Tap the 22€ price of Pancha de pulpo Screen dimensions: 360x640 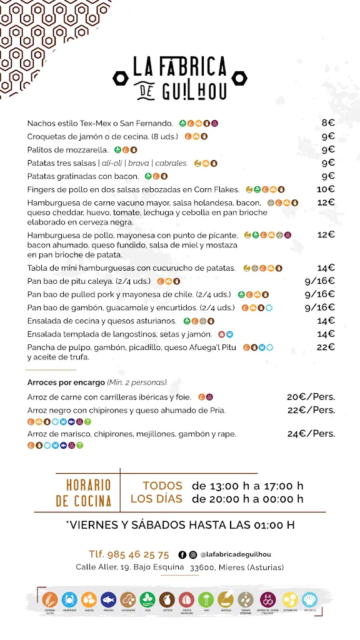pyautogui.click(x=326, y=347)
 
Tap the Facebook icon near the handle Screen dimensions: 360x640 pyautogui.click(x=182, y=554)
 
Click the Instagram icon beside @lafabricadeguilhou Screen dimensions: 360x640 pyautogui.click(x=192, y=554)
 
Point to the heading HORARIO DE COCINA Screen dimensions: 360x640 pyautogui.click(x=84, y=493)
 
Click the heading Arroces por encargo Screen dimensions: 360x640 pyautogui.click(x=66, y=382)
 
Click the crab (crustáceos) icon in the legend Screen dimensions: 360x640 pyautogui.click(x=69, y=599)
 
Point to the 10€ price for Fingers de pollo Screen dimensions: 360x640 pyautogui.click(x=326, y=189)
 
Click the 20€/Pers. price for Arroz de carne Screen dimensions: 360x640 pyautogui.click(x=311, y=397)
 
